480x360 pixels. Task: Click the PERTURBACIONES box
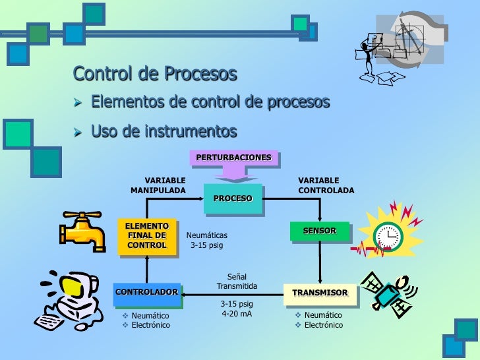[x=233, y=158]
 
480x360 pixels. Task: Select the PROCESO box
[x=233, y=198]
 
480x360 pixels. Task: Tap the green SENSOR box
[x=320, y=231]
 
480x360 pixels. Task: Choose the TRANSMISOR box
[x=320, y=293]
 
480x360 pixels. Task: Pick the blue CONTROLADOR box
[x=146, y=292]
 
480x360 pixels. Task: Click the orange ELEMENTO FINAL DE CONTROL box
[x=146, y=235]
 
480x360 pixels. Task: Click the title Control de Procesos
[x=155, y=74]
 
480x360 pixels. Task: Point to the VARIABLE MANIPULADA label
[x=159, y=185]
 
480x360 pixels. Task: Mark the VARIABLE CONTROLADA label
[x=326, y=185]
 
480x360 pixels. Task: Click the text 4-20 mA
[x=237, y=314]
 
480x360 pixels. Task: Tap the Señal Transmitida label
[x=237, y=282]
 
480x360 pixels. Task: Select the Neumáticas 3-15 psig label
[x=207, y=240]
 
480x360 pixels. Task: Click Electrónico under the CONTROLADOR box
[x=150, y=325]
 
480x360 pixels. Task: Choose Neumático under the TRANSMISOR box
[x=323, y=315]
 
